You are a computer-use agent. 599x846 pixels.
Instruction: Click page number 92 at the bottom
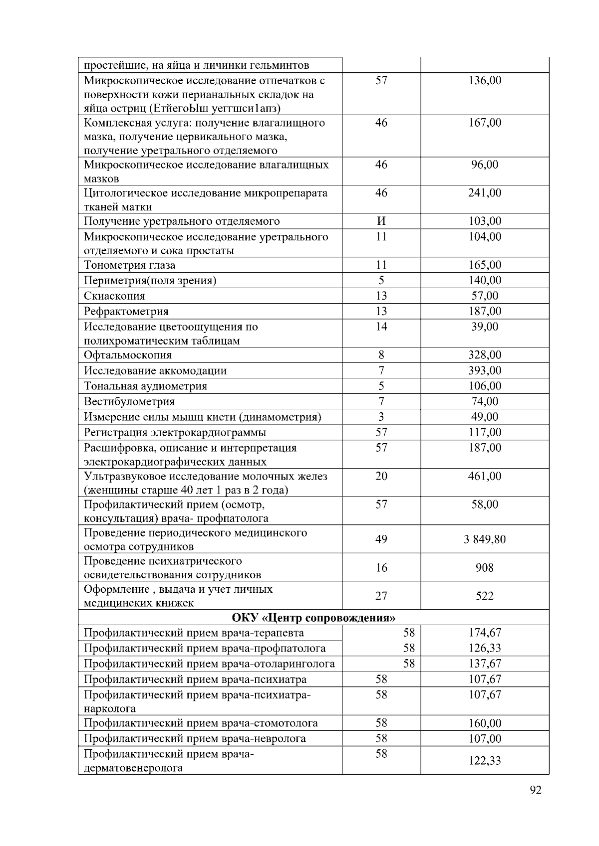click(535, 790)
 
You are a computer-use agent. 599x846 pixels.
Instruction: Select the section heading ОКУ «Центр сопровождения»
click(313, 618)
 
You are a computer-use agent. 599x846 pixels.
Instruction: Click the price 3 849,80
click(485, 539)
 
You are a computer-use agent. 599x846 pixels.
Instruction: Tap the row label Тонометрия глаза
click(130, 265)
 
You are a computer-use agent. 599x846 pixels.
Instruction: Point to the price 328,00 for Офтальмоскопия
click(485, 355)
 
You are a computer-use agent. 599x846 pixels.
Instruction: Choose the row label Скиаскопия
click(115, 296)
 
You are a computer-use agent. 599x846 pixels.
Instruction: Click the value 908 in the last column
click(485, 568)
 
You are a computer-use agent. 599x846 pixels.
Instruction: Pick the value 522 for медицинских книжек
click(485, 596)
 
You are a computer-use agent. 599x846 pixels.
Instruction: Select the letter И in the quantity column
click(381, 221)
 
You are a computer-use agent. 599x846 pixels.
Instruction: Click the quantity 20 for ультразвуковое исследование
click(381, 476)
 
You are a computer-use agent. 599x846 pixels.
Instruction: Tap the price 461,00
click(485, 476)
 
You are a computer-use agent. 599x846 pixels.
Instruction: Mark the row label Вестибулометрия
click(129, 402)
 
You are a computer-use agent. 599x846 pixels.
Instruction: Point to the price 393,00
click(485, 370)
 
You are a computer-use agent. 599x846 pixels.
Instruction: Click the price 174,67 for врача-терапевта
click(485, 633)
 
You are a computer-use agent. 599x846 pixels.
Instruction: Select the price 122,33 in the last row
click(485, 761)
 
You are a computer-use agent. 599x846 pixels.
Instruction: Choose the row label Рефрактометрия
click(126, 312)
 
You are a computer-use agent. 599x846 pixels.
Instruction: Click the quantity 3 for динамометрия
click(381, 417)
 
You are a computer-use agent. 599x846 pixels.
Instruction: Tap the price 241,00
click(485, 193)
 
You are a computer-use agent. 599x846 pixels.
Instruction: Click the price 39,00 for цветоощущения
click(485, 327)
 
